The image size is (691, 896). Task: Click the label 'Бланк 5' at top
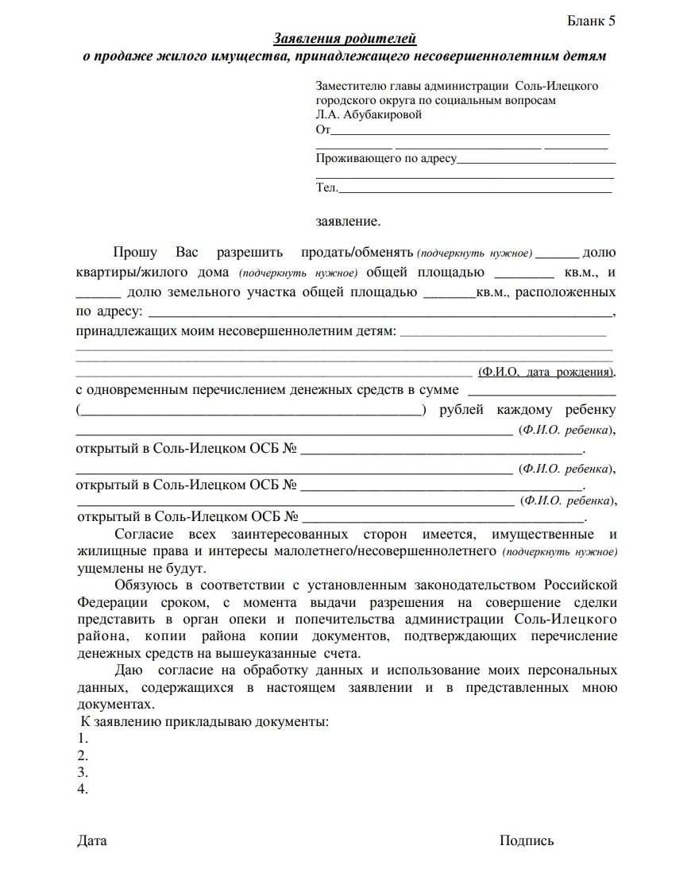coord(591,21)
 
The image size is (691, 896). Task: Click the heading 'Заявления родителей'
coord(345,39)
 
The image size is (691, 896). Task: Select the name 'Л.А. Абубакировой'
coord(369,114)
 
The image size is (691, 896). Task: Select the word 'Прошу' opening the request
coord(135,253)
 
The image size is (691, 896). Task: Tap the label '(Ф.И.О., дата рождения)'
coord(546,372)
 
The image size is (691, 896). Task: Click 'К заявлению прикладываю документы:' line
coord(204,722)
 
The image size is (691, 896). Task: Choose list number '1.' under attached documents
coord(83,739)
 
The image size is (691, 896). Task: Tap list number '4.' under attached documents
coord(83,790)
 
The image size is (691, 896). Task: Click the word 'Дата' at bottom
coord(92,840)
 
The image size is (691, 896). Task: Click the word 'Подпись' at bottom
coord(527,840)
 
